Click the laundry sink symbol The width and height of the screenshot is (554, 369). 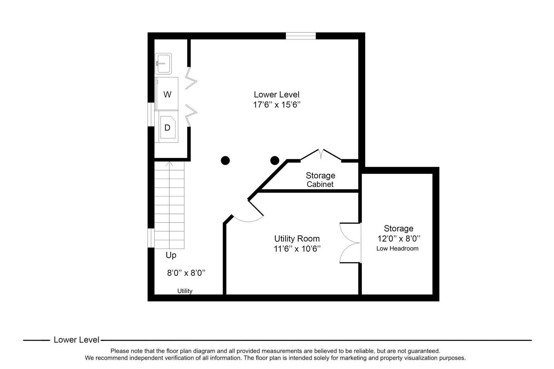(163, 64)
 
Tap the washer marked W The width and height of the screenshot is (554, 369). (167, 94)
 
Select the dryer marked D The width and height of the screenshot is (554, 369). (167, 127)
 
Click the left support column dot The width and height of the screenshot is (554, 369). (225, 160)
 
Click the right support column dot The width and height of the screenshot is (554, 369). (275, 160)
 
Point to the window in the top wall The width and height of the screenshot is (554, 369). (301, 36)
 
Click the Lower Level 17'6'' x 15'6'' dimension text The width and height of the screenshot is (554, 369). (276, 105)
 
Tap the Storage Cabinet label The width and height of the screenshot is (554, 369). (320, 180)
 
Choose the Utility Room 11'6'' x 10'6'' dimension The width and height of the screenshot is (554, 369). (296, 249)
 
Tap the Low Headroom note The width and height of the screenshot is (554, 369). (397, 248)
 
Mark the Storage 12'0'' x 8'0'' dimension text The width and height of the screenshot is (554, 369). (398, 238)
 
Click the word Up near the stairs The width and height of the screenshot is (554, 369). (171, 255)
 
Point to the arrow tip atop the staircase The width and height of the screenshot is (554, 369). (170, 163)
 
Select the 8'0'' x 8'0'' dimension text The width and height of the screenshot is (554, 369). (186, 273)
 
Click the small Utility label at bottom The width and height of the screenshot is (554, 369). (185, 291)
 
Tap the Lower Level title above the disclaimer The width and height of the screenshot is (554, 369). (76, 340)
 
